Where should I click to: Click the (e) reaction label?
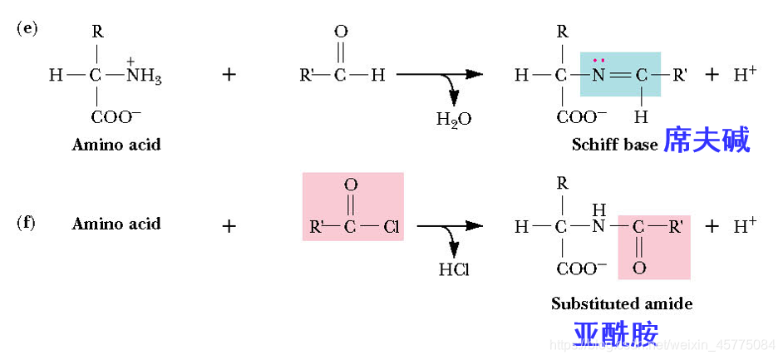pos(27,27)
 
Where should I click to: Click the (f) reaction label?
pos(27,223)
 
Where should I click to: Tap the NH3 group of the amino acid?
pos(144,76)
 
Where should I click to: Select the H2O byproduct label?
pos(453,119)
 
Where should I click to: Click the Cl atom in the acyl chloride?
pos(391,225)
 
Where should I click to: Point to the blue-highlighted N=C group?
pos(620,75)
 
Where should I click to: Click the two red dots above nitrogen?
pos(598,60)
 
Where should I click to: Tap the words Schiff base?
pos(614,144)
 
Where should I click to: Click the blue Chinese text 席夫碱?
pos(707,141)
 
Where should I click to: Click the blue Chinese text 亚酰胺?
pos(616,333)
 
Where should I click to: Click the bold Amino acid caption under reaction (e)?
pos(116,144)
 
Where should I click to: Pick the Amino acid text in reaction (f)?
pos(116,224)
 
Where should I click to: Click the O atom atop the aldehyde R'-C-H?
pos(340,32)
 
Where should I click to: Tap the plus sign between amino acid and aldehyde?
pos(229,75)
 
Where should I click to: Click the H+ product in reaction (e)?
pos(745,74)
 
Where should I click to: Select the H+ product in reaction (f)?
pos(745,225)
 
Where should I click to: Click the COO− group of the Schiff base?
pos(582,116)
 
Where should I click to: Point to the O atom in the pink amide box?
pos(638,268)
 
